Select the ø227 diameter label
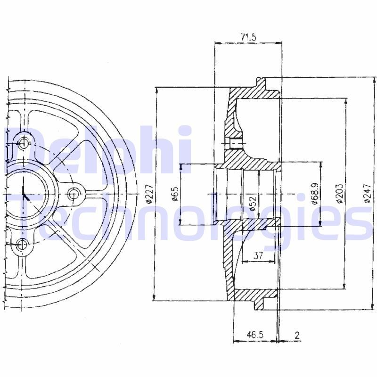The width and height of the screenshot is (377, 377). pos(149,194)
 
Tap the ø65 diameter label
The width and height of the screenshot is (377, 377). pos(175,194)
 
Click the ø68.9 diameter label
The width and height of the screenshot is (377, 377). pos(315,194)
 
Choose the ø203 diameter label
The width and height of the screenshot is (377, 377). pos(339,194)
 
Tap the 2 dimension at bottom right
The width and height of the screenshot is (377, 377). pos(297,335)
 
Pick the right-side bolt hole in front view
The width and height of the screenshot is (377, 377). pos(74,193)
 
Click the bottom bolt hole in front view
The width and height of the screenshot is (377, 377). pos(22,244)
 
